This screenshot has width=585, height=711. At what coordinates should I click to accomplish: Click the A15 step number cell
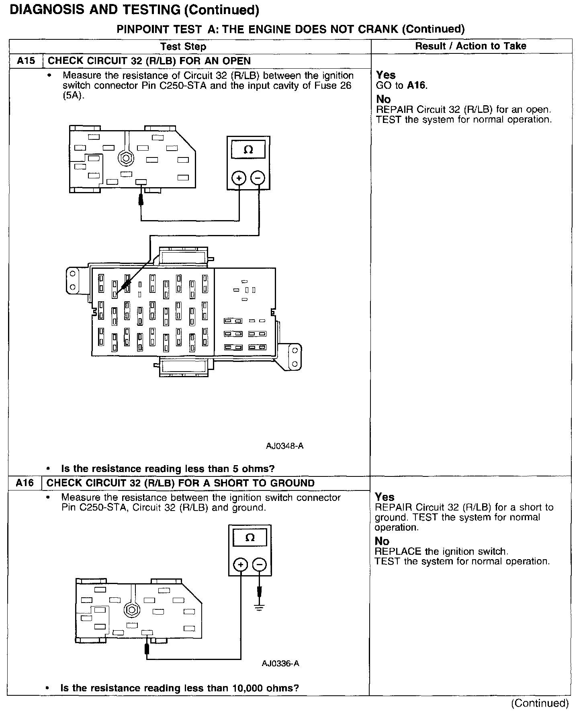(x=26, y=61)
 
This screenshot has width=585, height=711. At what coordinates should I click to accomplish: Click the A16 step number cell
(x=25, y=483)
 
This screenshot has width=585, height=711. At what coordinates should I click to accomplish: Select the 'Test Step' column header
(x=183, y=46)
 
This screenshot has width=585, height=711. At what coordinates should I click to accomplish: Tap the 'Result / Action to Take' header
(x=470, y=46)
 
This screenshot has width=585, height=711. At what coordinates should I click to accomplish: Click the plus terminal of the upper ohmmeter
(x=239, y=178)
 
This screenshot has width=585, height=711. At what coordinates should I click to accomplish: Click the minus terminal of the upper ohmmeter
(x=258, y=178)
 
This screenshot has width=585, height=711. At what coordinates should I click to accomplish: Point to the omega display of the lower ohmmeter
(x=250, y=538)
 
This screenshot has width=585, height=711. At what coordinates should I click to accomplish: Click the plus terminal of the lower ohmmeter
(x=241, y=566)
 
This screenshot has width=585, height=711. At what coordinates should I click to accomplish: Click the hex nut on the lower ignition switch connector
(x=131, y=609)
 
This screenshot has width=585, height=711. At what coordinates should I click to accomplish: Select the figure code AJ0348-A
(x=284, y=446)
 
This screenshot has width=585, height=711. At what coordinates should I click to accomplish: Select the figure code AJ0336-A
(x=280, y=663)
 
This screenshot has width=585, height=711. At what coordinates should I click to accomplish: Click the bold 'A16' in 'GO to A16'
(x=416, y=85)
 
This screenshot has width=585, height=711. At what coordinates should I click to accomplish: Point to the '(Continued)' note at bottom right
(x=540, y=703)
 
